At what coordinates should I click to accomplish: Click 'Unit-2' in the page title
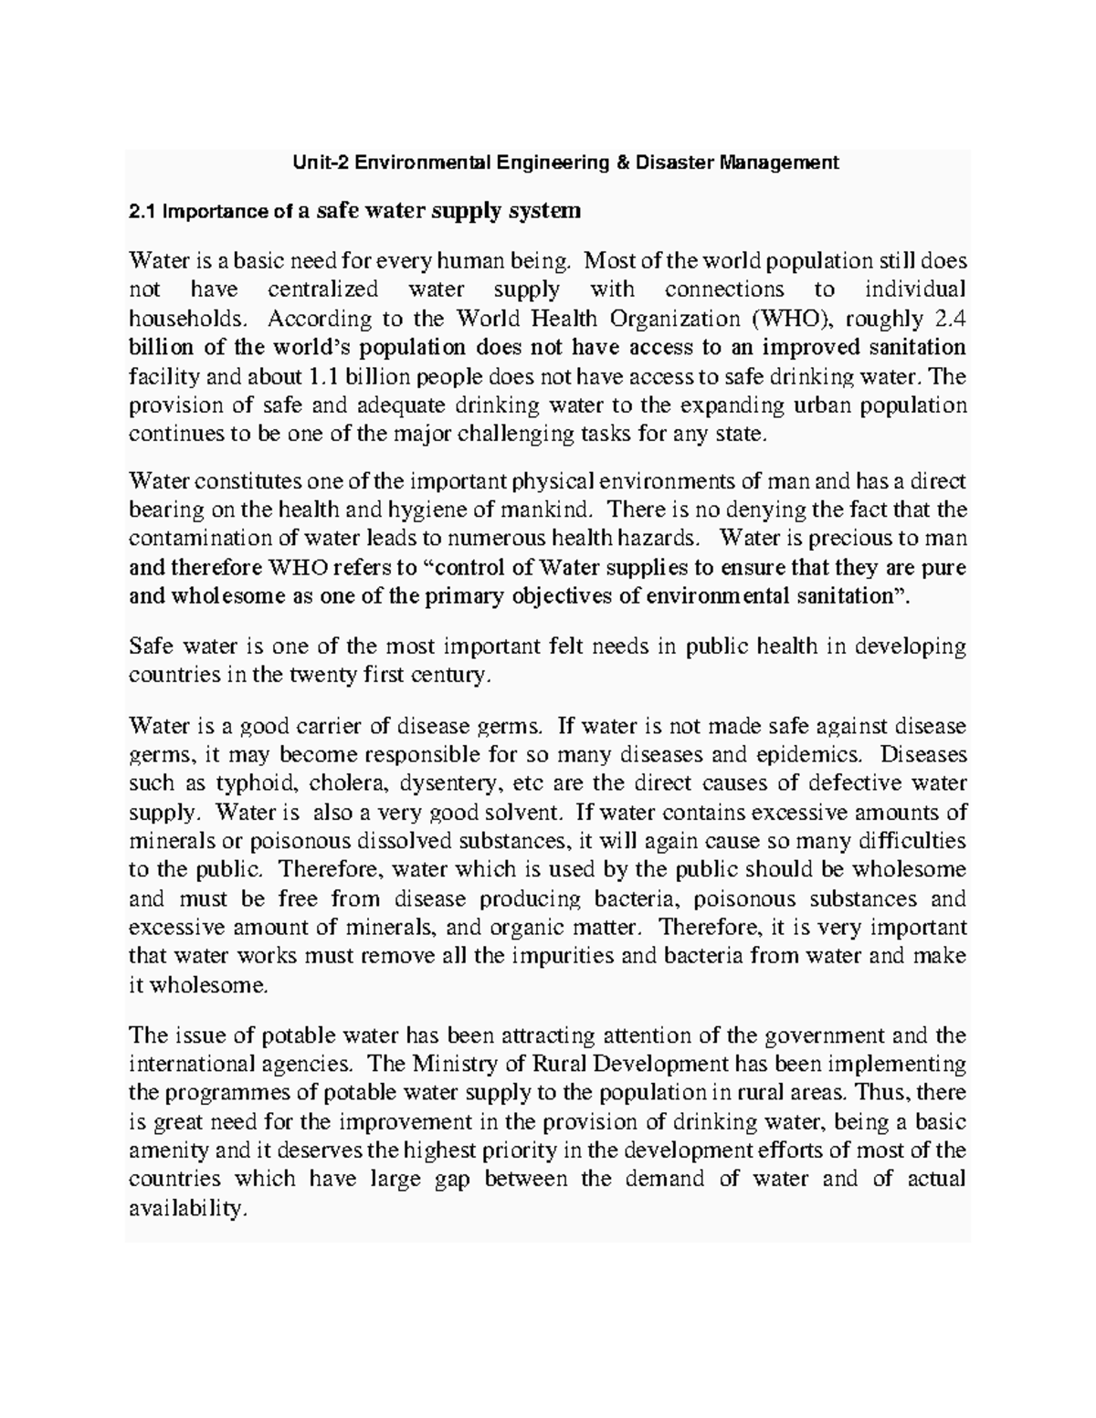point(320,163)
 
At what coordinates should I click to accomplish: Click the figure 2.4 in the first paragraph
point(951,319)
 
